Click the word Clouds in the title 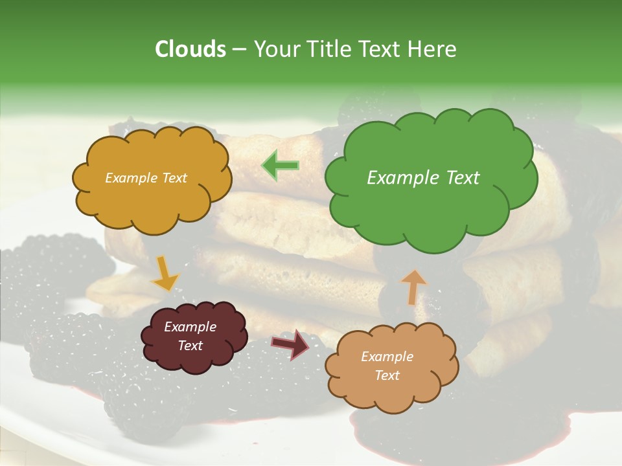click(190, 49)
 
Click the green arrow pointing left click(281, 166)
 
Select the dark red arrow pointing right click(291, 344)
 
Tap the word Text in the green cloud click(463, 178)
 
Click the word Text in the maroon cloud click(190, 346)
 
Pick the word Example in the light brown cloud click(387, 357)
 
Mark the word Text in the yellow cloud click(174, 178)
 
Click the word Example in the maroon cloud click(190, 327)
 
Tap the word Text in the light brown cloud click(387, 375)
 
